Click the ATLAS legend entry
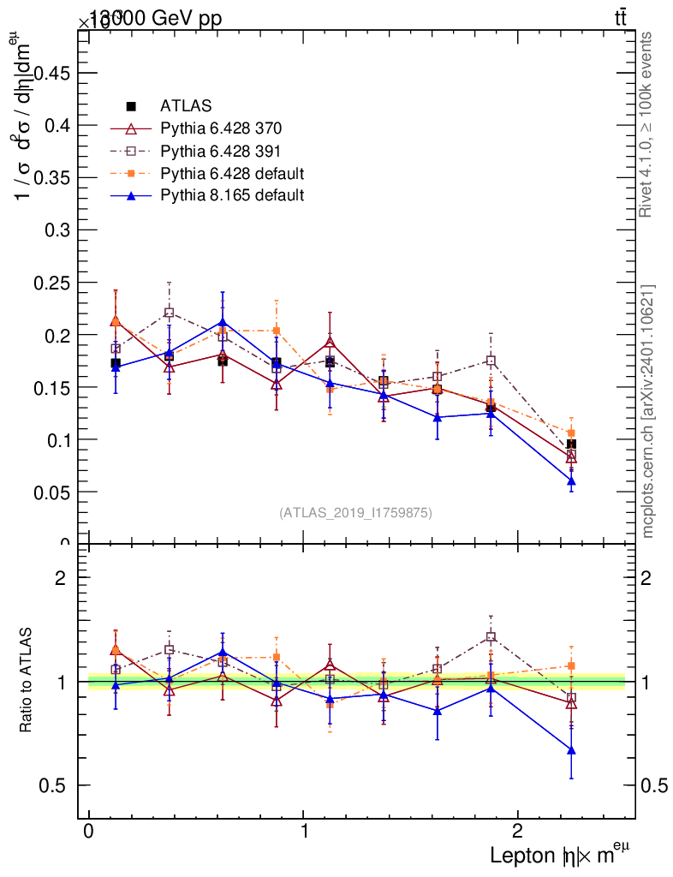pyautogui.click(x=185, y=107)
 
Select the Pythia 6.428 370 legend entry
pyautogui.click(x=221, y=129)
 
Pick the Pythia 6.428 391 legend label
pyautogui.click(x=221, y=152)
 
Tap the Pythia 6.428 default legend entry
pyautogui.click(x=232, y=174)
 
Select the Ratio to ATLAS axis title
pyautogui.click(x=27, y=681)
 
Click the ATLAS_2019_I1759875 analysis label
pyautogui.click(x=355, y=512)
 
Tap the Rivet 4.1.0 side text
pyautogui.click(x=647, y=124)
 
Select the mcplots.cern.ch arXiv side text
pyautogui.click(x=647, y=411)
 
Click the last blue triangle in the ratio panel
pyautogui.click(x=571, y=750)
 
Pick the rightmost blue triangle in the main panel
pyautogui.click(x=571, y=481)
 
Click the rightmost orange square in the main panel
pyautogui.click(x=571, y=433)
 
